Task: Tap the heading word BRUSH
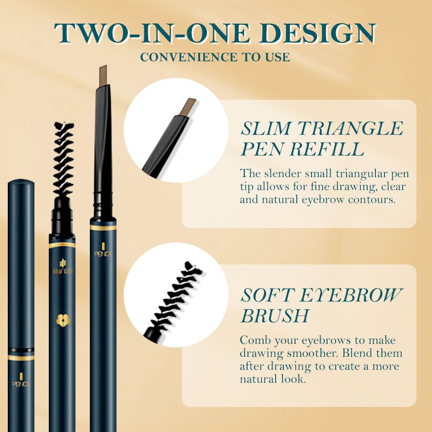(275, 315)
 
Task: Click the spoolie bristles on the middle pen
(63, 160)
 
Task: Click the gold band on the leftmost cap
(21, 358)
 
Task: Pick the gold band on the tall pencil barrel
(103, 227)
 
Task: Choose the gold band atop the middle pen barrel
(62, 245)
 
